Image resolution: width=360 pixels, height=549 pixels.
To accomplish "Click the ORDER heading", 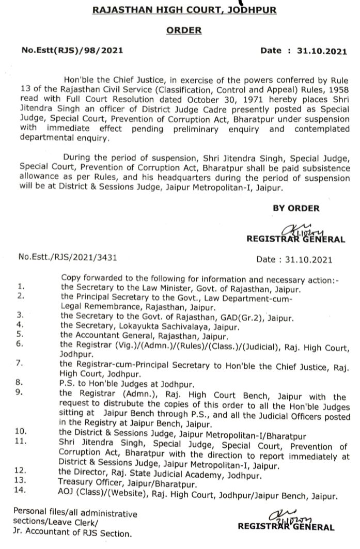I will pyautogui.click(x=184, y=31).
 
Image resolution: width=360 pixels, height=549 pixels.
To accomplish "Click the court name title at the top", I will pyautogui.click(x=184, y=10).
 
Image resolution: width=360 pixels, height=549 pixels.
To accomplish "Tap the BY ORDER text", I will pyautogui.click(x=296, y=208).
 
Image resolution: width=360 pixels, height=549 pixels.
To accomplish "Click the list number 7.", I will pyautogui.click(x=20, y=365).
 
